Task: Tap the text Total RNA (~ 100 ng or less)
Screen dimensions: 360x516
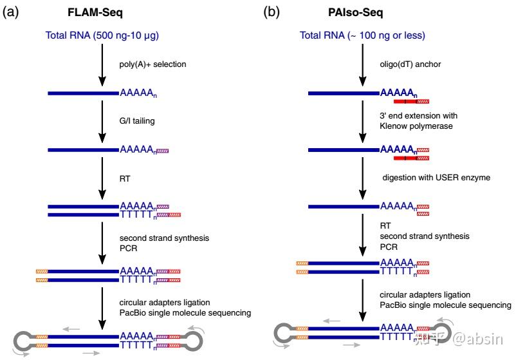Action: click(x=362, y=35)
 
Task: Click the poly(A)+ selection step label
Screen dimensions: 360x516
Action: click(x=153, y=64)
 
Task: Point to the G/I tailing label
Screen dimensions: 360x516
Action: click(x=137, y=121)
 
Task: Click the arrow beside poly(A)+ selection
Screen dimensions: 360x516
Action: click(x=101, y=64)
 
